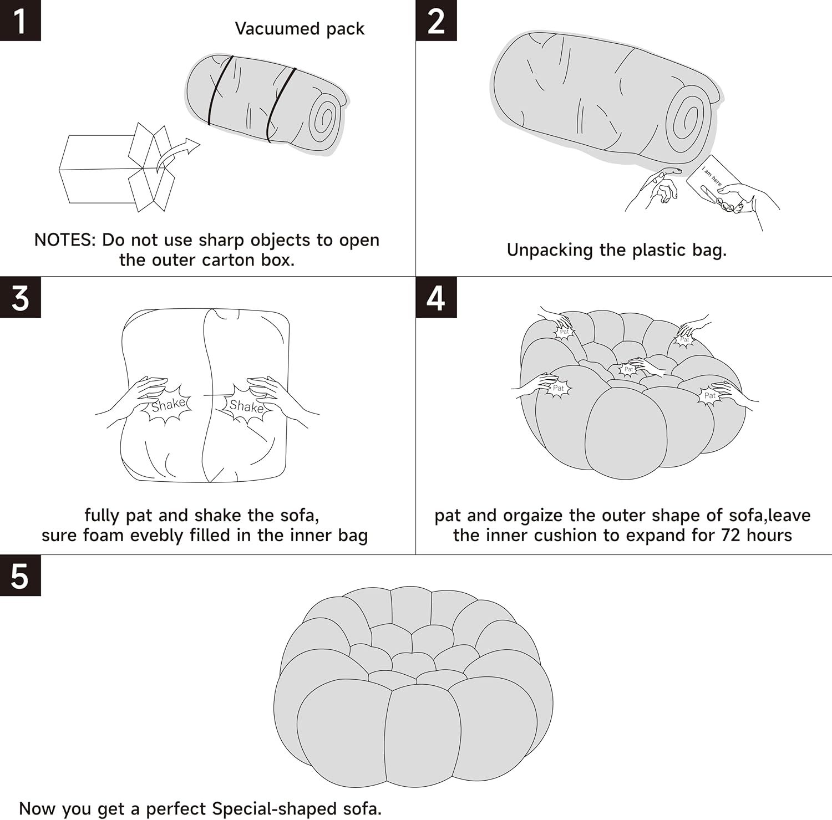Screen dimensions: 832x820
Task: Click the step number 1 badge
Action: click(x=21, y=21)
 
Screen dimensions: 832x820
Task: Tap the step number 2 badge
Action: click(x=437, y=21)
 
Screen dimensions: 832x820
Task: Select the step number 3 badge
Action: click(x=21, y=298)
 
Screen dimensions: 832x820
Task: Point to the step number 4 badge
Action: click(x=437, y=298)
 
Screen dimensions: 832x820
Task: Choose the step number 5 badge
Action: click(x=21, y=575)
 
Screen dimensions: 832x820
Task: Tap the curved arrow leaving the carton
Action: click(x=177, y=154)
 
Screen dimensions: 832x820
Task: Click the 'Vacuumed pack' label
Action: click(x=300, y=29)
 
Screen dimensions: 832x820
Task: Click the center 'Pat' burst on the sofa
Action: click(x=628, y=369)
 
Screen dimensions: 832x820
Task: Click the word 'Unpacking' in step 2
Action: click(x=550, y=251)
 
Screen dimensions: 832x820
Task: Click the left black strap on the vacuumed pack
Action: click(x=218, y=89)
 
